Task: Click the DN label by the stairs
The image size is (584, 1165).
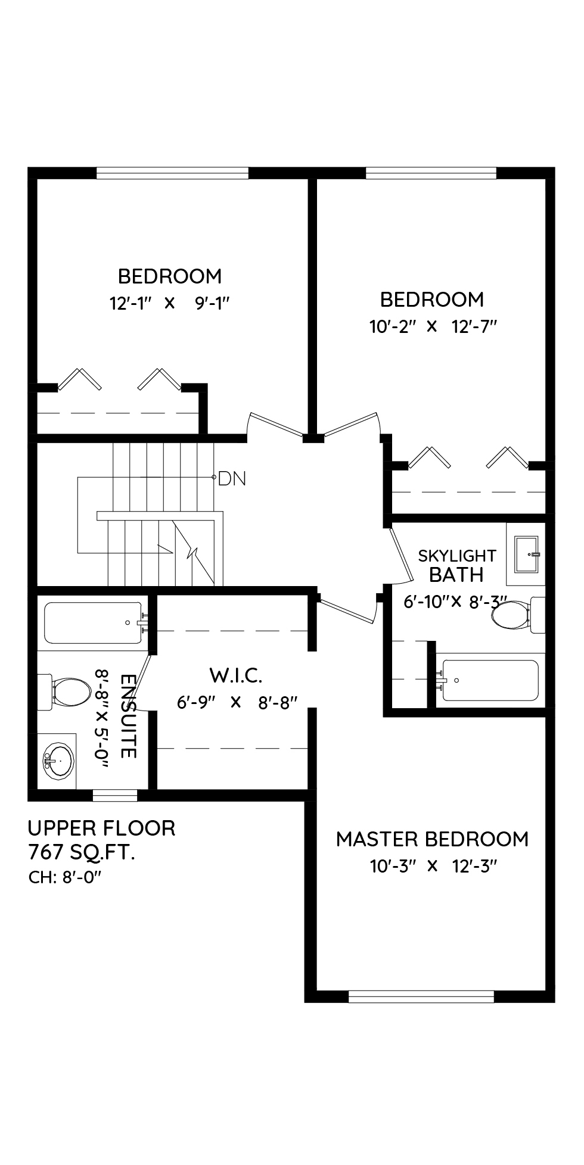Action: [232, 478]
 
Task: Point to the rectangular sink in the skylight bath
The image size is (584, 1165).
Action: [526, 554]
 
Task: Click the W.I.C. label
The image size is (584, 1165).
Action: [236, 675]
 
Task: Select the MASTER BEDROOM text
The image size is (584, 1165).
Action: [433, 839]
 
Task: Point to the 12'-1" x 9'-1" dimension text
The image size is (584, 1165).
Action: [169, 303]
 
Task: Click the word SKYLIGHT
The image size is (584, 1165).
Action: [457, 556]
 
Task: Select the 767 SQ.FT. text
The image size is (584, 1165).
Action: [82, 853]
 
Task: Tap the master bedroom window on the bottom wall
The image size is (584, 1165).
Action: [421, 996]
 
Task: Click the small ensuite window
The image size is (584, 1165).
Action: [115, 795]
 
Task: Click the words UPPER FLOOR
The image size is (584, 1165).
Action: [102, 828]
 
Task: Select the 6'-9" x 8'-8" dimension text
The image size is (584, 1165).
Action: [237, 703]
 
